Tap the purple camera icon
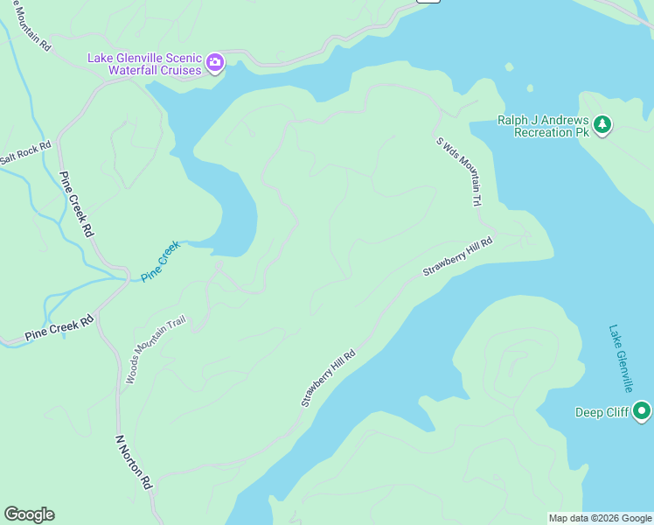tap(215, 64)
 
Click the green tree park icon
tap(602, 126)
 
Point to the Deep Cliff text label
tap(602, 412)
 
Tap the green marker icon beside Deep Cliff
tap(642, 411)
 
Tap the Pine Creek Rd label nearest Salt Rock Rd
tap(76, 204)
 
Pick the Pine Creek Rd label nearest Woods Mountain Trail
tap(59, 328)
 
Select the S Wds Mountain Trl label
tap(459, 171)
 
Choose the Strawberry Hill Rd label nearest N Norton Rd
tap(329, 378)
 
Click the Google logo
tap(29, 514)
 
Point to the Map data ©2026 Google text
tap(600, 518)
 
